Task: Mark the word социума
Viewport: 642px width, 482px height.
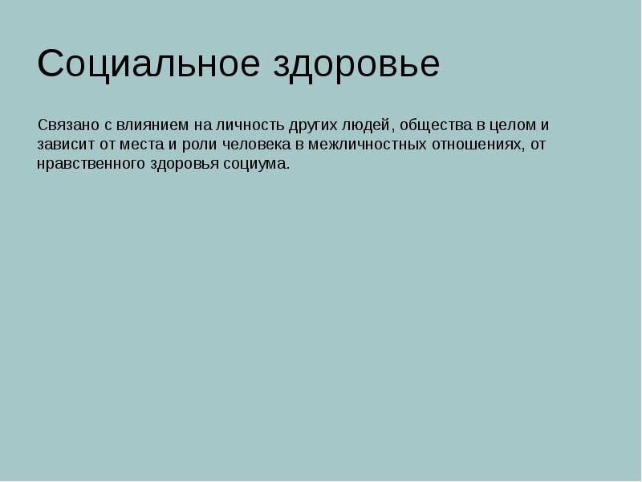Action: point(260,165)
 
